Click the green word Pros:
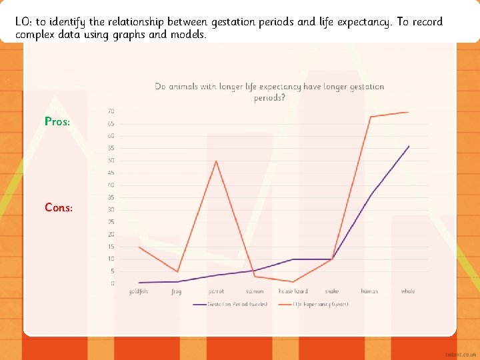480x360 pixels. pyautogui.click(x=57, y=122)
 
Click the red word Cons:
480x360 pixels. pyautogui.click(x=59, y=207)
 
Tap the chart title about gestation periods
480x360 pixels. pyautogui.click(x=269, y=92)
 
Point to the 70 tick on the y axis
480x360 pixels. pyautogui.click(x=111, y=111)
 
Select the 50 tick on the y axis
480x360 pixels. pyautogui.click(x=111, y=161)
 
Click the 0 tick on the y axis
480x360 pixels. pyautogui.click(x=112, y=283)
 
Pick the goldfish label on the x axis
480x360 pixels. pyautogui.click(x=139, y=291)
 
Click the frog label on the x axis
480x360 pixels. pyautogui.click(x=177, y=291)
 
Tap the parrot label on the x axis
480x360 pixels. pyautogui.click(x=216, y=291)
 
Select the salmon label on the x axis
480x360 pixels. pyautogui.click(x=254, y=291)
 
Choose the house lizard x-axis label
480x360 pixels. pyautogui.click(x=293, y=291)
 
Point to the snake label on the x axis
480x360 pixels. pyautogui.click(x=331, y=291)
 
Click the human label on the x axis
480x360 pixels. pyautogui.click(x=369, y=291)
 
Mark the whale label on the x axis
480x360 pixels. pyautogui.click(x=408, y=291)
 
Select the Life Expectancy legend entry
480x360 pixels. pyautogui.click(x=320, y=304)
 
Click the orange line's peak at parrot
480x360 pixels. pyautogui.click(x=215, y=161)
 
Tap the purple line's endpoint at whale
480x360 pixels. pyautogui.click(x=409, y=146)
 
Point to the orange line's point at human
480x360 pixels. pyautogui.click(x=370, y=117)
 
